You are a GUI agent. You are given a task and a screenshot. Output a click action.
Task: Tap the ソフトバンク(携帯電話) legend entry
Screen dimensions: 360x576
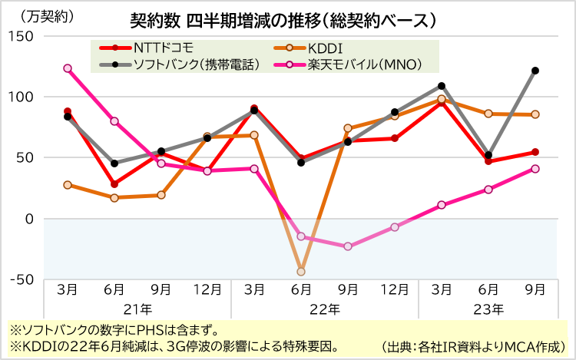[189, 64]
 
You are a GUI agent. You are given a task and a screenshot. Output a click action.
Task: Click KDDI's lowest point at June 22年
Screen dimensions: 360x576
[301, 271]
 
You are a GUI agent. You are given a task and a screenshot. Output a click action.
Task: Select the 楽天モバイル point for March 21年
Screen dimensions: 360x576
[68, 68]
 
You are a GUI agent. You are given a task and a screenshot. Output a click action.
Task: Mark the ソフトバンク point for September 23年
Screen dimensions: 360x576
[535, 71]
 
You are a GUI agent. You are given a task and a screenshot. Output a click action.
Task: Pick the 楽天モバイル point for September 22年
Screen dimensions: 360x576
[348, 246]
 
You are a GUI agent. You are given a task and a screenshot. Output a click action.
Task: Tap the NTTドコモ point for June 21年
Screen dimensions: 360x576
[114, 184]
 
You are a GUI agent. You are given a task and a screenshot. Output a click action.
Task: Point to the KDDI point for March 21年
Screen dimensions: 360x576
[68, 185]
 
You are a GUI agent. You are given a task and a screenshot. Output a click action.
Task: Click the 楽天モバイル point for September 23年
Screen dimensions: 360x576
[535, 169]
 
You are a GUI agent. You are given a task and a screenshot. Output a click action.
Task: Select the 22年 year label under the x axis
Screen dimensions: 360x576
[324, 309]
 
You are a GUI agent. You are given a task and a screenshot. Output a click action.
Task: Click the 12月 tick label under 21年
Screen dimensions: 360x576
[207, 289]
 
